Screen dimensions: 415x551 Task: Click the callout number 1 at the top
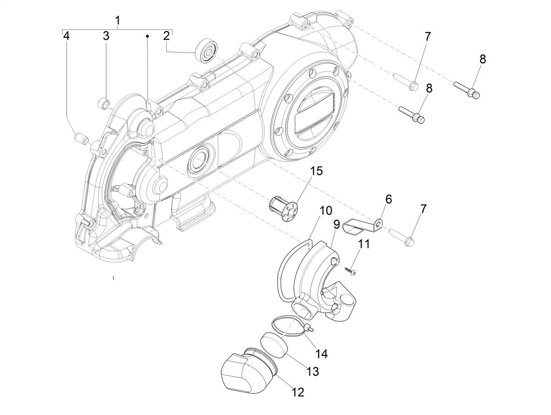click(118, 21)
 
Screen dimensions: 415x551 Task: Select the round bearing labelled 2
click(206, 50)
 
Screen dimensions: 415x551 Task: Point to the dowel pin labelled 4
click(81, 137)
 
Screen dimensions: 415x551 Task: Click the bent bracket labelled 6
click(363, 226)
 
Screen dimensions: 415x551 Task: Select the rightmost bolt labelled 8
click(467, 90)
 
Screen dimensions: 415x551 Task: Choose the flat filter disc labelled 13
click(274, 344)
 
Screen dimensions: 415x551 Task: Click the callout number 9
click(337, 224)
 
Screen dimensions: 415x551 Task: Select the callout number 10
click(326, 211)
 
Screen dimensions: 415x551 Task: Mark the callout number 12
click(297, 392)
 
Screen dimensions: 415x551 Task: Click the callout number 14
click(321, 354)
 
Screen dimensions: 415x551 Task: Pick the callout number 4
click(67, 36)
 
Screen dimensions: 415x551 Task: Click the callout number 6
click(388, 199)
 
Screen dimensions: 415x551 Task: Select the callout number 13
click(312, 371)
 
